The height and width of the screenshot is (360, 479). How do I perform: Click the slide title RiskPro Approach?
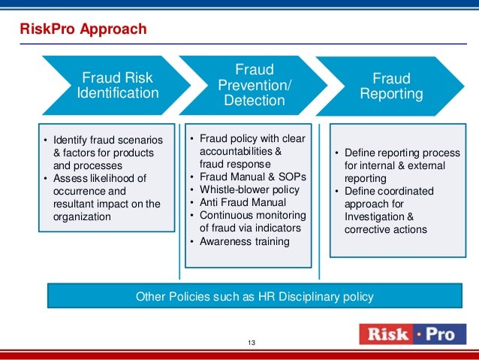click(x=83, y=29)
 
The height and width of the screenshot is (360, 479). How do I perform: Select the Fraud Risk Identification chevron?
click(x=120, y=86)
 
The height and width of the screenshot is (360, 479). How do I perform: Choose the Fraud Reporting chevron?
click(x=391, y=86)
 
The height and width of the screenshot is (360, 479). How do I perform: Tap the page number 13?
click(x=252, y=343)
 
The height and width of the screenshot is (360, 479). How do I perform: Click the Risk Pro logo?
click(x=411, y=334)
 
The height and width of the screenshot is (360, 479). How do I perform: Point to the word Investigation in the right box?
click(x=375, y=216)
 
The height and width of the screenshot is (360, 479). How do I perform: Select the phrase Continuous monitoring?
click(x=251, y=214)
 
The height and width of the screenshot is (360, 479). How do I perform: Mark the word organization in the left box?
click(x=82, y=216)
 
